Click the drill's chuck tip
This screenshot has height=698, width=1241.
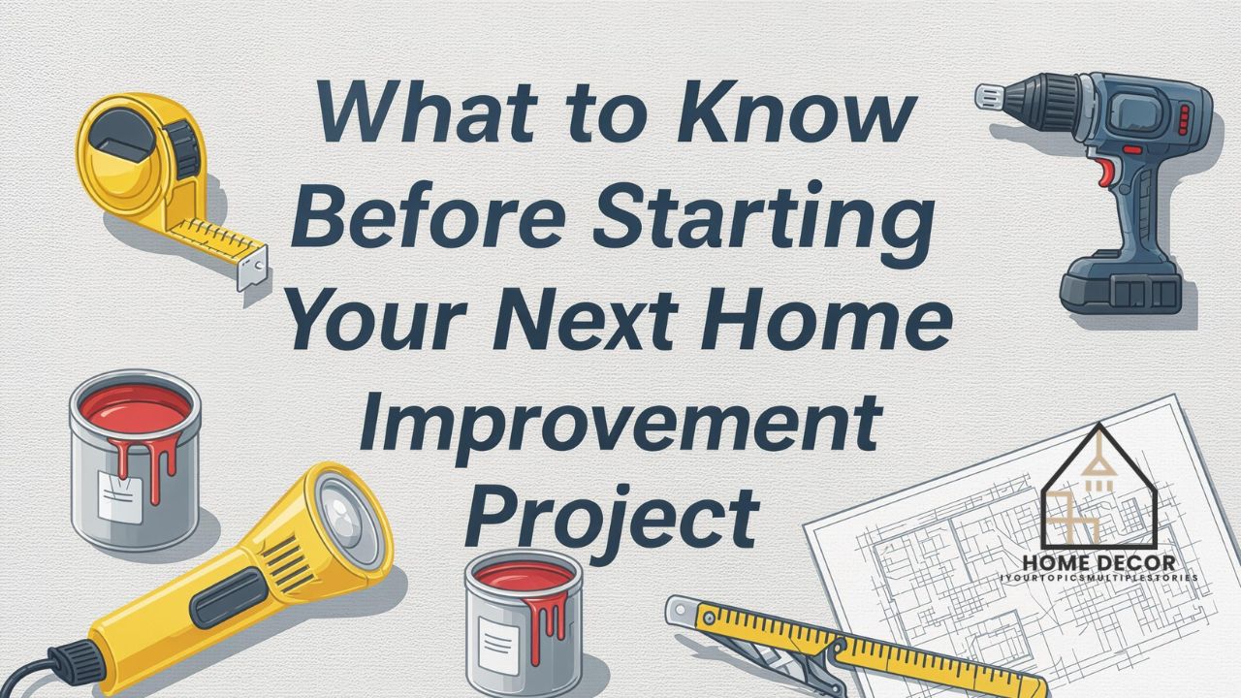(x=988, y=95)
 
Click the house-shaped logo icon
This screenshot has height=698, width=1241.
(x=1098, y=489)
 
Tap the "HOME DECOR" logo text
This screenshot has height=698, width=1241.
(x=1098, y=562)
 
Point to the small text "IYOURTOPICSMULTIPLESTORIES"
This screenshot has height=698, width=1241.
(x=1098, y=577)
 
